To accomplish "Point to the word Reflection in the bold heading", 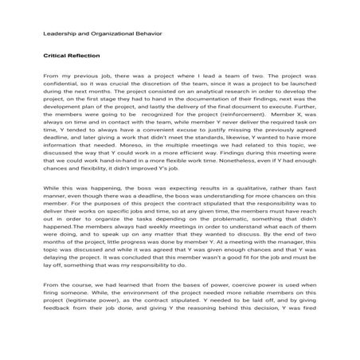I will pos(88,57).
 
